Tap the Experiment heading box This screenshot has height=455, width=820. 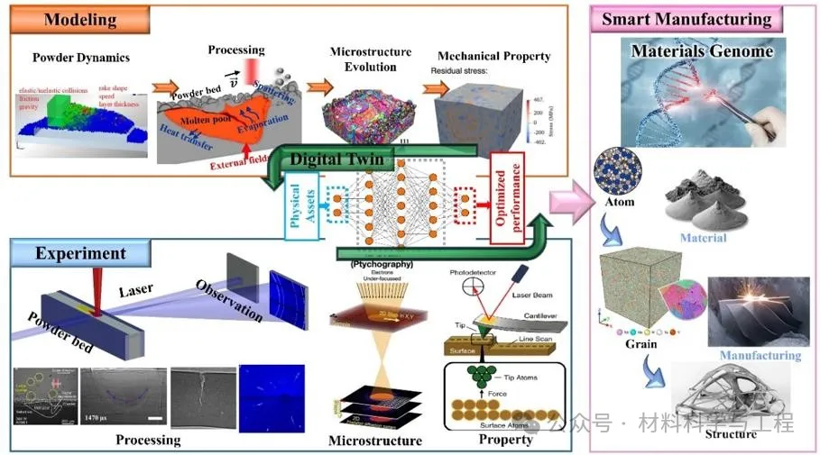click(80, 253)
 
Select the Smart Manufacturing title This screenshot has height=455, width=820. click(686, 19)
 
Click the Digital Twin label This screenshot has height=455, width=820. click(336, 159)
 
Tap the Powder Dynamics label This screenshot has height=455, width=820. click(81, 58)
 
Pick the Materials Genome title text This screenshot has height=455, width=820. click(702, 50)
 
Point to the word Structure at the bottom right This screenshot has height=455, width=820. click(731, 434)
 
